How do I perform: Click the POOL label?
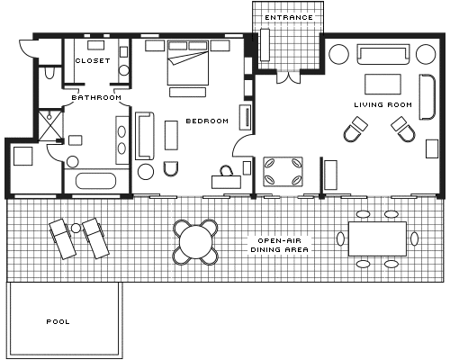58,322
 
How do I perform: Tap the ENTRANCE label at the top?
289,18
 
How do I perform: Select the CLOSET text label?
93,60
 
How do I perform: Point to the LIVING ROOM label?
383,104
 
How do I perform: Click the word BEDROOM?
207,121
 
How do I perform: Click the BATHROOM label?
96,97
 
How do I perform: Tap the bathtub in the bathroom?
95,181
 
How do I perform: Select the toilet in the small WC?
49,73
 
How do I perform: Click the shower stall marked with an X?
50,125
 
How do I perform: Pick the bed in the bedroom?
188,62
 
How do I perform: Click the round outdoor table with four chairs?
195,242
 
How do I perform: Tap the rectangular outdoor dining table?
377,238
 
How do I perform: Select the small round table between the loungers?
76,229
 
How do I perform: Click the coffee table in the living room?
382,85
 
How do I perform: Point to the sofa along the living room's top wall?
383,54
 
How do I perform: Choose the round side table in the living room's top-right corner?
426,54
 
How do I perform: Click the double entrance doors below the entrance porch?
288,76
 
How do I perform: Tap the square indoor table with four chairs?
283,171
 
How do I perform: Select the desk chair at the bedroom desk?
226,171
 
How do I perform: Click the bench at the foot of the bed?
187,92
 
